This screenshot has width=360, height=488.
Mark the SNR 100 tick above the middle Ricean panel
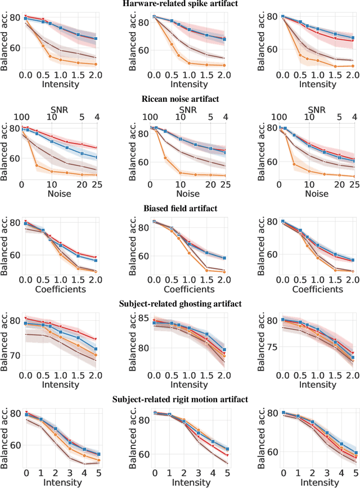150,117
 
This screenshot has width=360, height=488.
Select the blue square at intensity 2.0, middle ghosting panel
226,350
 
